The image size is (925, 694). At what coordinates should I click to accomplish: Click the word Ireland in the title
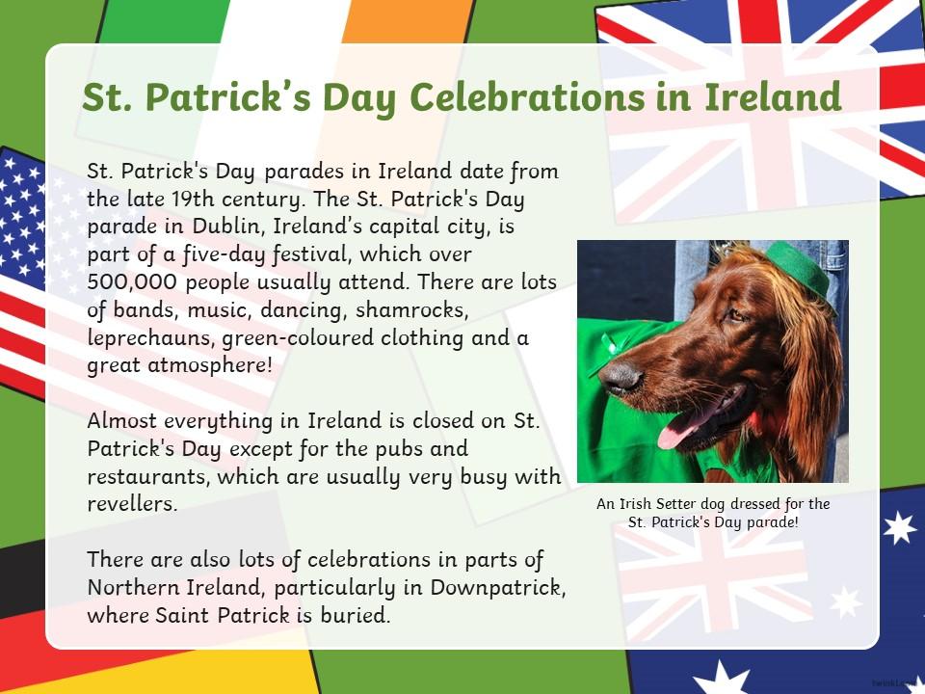tap(773, 96)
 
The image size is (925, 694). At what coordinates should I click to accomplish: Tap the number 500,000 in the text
tap(132, 282)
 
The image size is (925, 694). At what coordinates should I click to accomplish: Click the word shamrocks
tap(411, 310)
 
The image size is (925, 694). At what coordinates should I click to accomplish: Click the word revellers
tap(132, 504)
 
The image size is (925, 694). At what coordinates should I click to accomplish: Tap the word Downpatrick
tap(498, 588)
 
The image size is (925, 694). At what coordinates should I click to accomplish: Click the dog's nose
tap(620, 377)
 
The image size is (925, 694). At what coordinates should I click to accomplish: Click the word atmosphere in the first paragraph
tap(210, 365)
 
